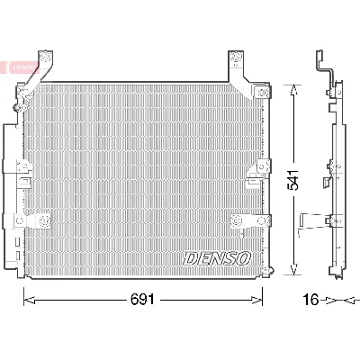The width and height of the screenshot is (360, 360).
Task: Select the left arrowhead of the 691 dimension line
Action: [x=26, y=299]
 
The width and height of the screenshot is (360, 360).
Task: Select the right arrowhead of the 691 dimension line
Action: [x=260, y=299]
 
